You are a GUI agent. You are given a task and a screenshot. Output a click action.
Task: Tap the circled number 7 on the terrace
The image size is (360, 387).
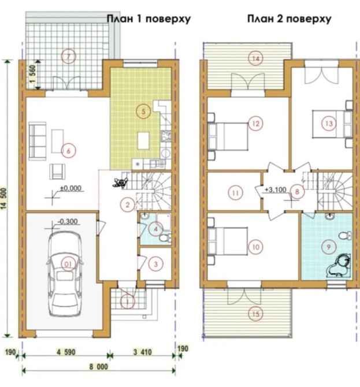click(68, 56)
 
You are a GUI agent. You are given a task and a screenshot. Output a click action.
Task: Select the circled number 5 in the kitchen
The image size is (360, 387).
click(143, 111)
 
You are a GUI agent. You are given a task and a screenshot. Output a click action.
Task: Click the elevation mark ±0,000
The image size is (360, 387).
click(71, 188)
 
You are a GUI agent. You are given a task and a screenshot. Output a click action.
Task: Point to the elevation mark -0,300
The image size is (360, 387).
click(68, 221)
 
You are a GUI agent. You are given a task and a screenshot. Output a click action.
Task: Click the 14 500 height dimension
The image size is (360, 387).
click(5, 199)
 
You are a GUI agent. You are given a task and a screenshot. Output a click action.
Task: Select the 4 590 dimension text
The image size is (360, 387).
click(66, 352)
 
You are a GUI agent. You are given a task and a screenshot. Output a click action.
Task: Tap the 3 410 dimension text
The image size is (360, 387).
click(143, 352)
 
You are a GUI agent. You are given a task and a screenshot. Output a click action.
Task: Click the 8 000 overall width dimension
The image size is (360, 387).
click(98, 367)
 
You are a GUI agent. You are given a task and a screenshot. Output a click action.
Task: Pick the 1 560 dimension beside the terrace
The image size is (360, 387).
click(32, 74)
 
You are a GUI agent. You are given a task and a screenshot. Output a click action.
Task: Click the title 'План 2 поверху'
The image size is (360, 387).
click(289, 18)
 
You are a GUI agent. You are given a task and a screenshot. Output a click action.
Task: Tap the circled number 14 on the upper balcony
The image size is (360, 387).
click(255, 59)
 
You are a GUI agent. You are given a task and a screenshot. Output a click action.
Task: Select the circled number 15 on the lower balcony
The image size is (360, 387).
click(255, 314)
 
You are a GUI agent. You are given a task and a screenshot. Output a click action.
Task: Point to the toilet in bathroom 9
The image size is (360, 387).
click(345, 236)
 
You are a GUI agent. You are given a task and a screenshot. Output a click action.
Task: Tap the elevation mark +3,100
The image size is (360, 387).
click(276, 190)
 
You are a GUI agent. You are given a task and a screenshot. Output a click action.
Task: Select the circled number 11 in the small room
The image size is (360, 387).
click(235, 192)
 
